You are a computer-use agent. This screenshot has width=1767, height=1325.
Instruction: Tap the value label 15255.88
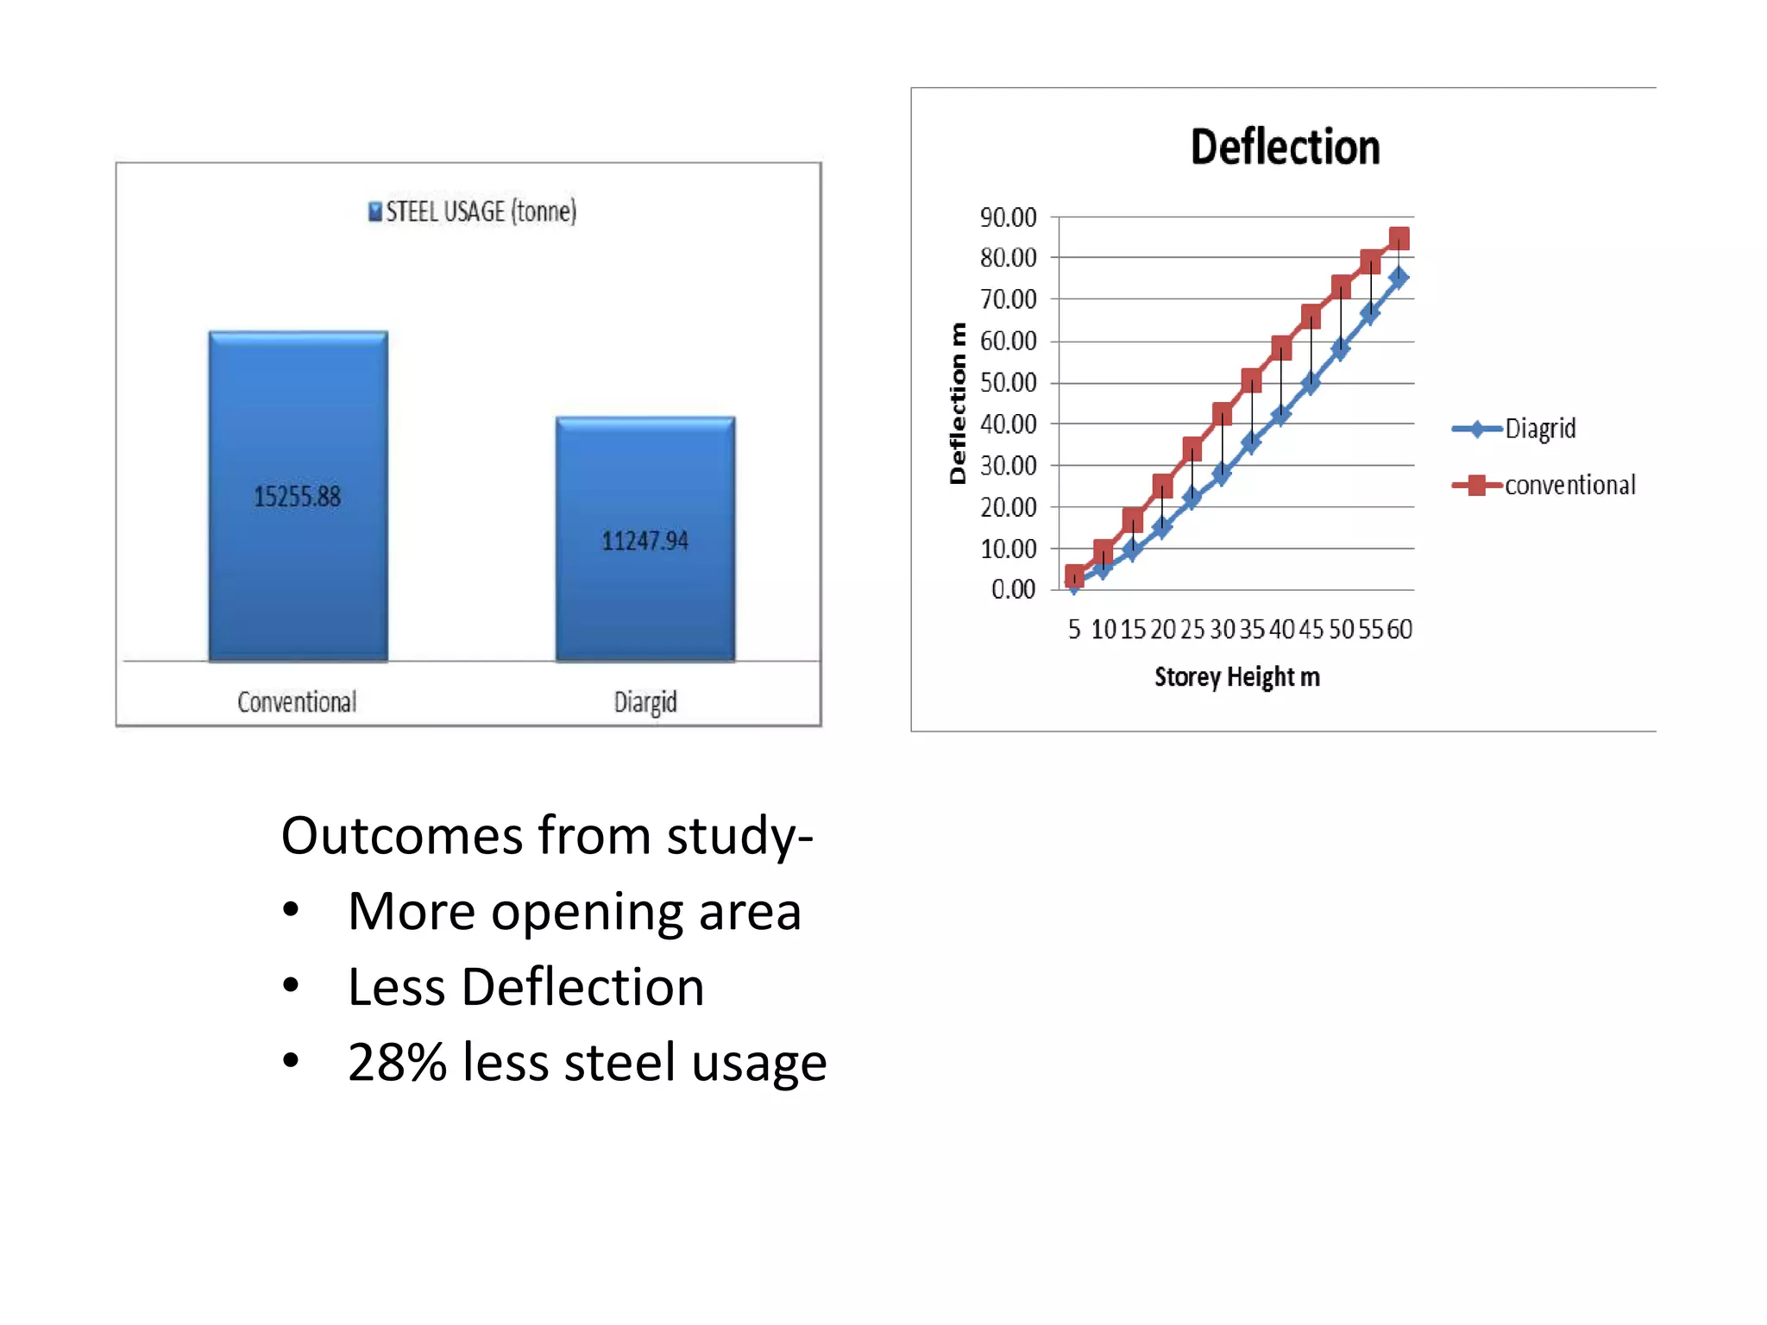[298, 497]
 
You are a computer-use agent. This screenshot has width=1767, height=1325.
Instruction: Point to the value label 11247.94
[645, 541]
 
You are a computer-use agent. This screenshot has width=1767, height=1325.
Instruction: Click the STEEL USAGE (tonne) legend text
[481, 211]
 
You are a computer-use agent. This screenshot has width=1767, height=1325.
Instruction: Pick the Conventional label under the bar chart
[297, 702]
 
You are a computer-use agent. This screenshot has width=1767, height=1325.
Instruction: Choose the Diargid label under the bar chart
[645, 702]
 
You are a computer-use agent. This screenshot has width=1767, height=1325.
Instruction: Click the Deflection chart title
[1285, 147]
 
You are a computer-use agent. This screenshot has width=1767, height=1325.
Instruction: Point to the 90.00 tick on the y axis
[1008, 217]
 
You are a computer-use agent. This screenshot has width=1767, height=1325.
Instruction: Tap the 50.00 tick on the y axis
[1008, 383]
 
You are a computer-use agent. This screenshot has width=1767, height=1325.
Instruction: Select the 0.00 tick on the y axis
[1013, 590]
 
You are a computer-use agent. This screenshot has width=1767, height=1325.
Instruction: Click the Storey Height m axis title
[1237, 677]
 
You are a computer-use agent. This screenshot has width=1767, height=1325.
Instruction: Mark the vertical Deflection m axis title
[958, 404]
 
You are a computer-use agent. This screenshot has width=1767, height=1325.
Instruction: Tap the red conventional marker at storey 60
[1399, 238]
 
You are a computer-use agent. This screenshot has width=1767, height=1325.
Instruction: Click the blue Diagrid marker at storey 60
[1399, 278]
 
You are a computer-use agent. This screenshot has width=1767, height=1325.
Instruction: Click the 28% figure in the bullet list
[397, 1062]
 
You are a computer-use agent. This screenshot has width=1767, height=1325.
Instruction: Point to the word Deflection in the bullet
[582, 987]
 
